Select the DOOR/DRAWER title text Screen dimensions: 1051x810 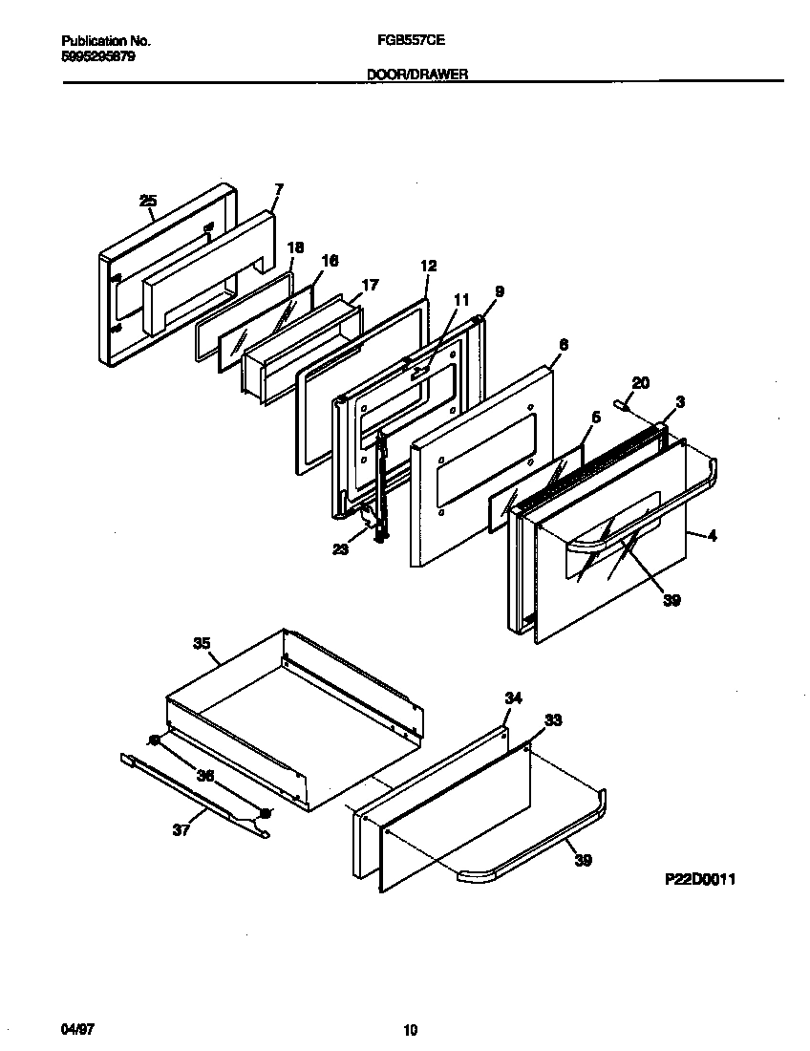pos(417,74)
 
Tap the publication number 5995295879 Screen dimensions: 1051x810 pos(97,56)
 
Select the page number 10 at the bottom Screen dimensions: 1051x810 pos(410,1029)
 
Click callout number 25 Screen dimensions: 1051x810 pos(147,201)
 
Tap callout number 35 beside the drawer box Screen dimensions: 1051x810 pos(202,644)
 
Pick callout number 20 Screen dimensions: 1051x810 pos(641,383)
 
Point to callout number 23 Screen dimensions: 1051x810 pos(341,549)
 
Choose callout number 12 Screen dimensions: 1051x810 pos(427,266)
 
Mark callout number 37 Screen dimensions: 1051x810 pos(181,830)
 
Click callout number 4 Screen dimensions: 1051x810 pos(713,536)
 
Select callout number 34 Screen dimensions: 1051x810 pos(513,698)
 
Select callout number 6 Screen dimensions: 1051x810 pos(563,346)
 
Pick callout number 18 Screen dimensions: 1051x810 pos(295,247)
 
